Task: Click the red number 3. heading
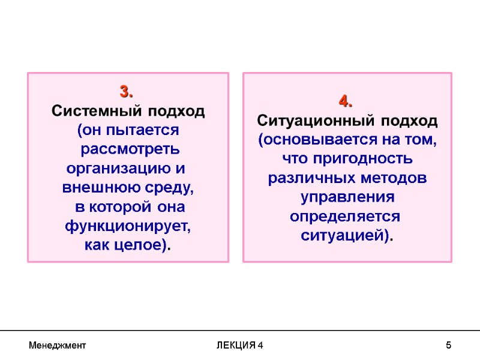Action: coord(127,92)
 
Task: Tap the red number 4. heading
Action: coord(347,101)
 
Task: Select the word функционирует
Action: coord(127,226)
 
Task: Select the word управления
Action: coord(347,197)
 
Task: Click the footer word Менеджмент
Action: coord(57,346)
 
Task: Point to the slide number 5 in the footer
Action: coord(448,346)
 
